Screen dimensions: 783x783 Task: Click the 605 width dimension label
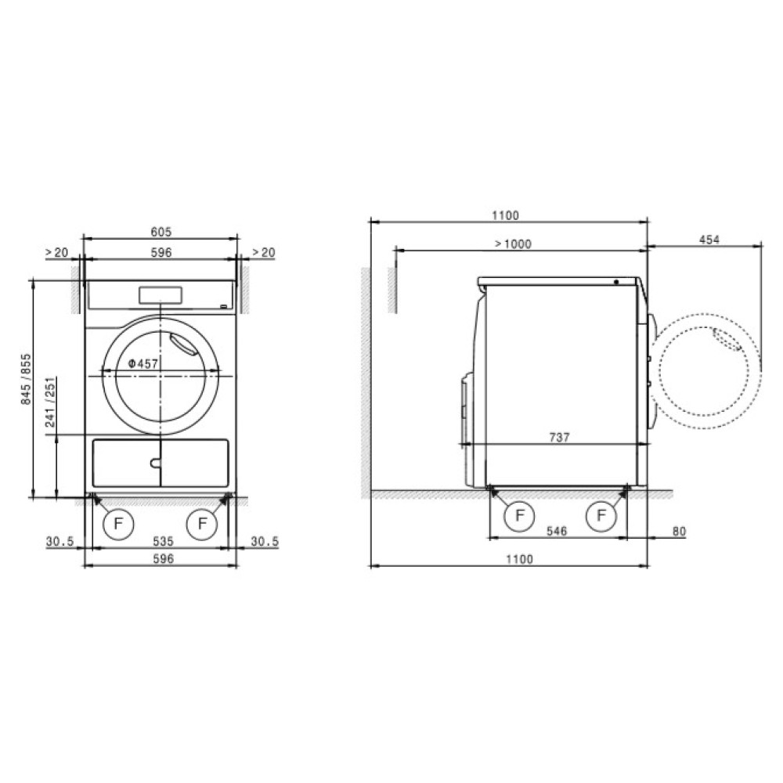161,232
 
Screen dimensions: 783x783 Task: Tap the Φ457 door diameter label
143,363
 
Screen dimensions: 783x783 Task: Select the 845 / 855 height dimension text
26,379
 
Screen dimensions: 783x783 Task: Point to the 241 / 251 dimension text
50,402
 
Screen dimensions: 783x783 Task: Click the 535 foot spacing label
163,541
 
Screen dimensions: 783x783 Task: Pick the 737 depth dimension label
559,438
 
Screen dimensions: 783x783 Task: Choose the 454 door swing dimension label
709,240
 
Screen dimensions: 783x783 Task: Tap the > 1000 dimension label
513,244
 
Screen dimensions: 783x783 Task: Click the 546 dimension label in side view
557,531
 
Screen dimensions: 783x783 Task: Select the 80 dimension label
679,532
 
